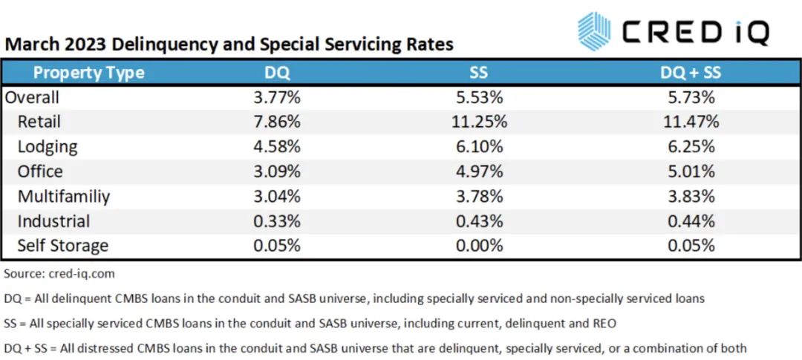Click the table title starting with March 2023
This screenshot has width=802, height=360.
229,44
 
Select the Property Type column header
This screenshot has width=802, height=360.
88,72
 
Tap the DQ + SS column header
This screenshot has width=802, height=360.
691,72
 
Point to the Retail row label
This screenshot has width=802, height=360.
39,122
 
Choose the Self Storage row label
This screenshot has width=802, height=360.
62,246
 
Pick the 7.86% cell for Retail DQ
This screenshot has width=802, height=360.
277,122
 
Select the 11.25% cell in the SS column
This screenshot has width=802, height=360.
479,122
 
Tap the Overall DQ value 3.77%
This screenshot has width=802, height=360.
277,97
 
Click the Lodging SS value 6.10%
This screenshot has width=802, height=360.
479,146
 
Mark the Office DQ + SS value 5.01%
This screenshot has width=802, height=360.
691,171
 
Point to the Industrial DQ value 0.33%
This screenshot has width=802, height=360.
277,221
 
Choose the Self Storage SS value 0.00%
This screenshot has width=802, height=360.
479,246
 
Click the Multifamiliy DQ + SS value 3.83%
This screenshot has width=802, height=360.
691,196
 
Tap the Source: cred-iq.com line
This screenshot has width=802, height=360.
59,274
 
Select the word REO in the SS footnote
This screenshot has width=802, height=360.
606,323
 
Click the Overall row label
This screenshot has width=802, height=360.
32,97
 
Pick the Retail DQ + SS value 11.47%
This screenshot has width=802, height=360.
691,122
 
